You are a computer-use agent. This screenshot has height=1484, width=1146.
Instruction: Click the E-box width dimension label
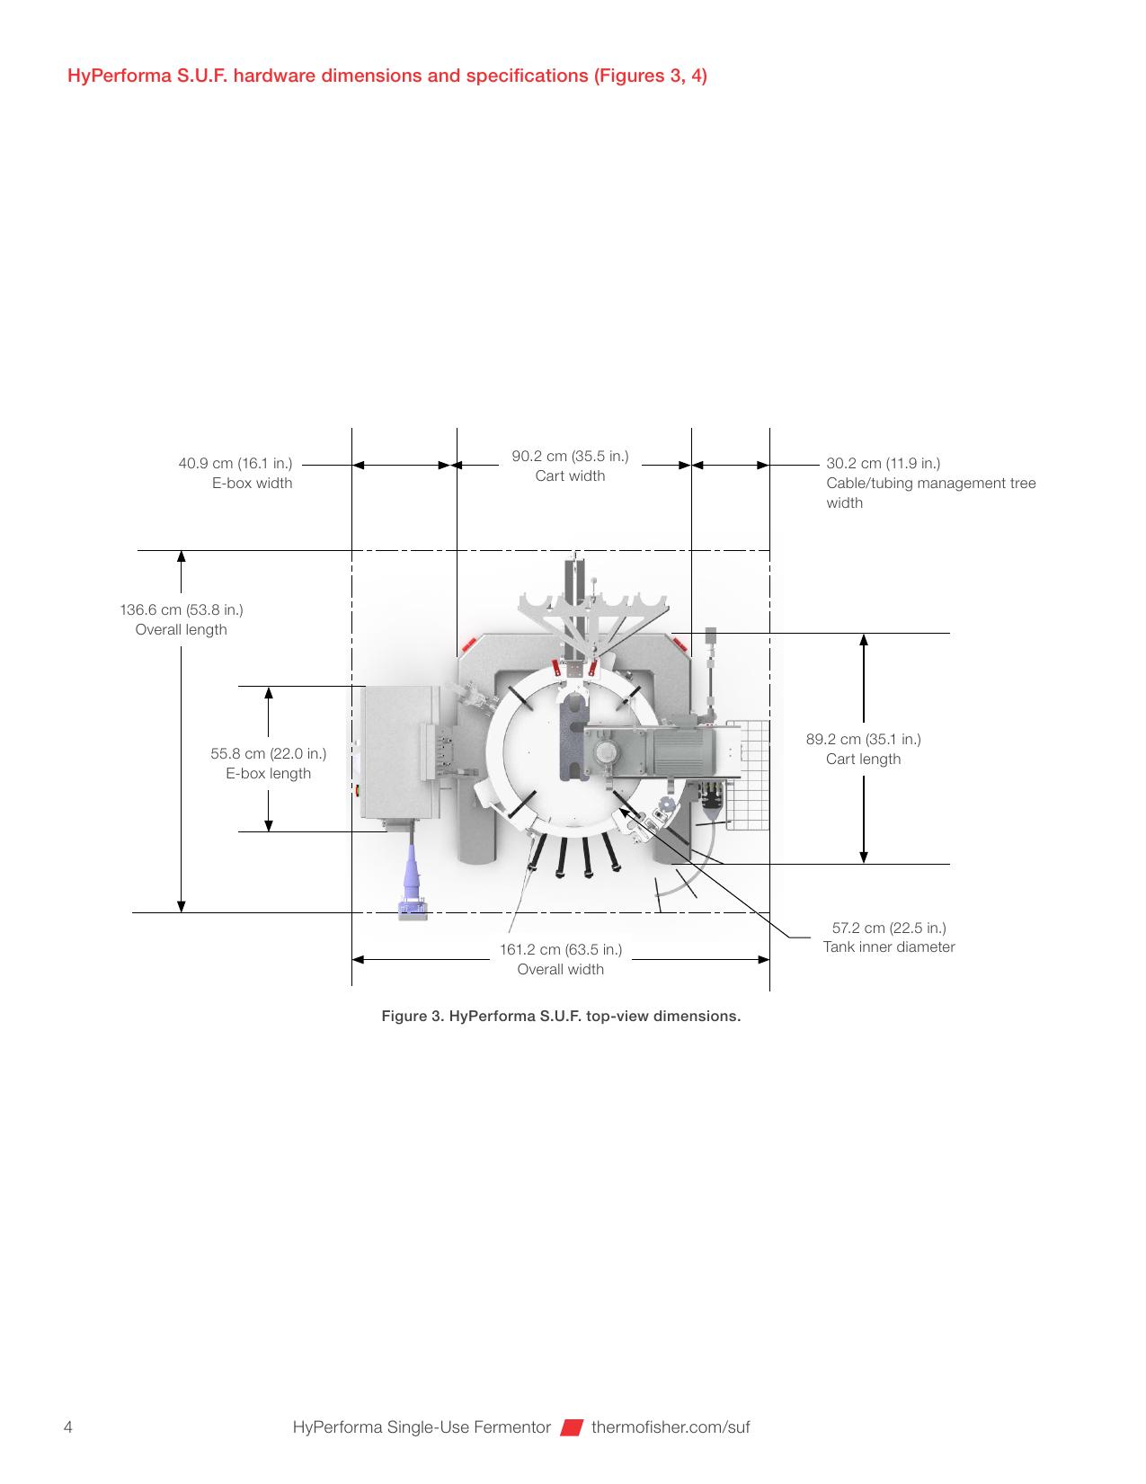point(235,473)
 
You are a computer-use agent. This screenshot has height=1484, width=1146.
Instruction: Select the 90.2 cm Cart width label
point(570,466)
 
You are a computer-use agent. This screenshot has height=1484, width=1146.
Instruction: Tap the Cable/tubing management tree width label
point(930,483)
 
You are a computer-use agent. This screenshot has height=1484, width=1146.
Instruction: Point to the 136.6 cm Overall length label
point(181,619)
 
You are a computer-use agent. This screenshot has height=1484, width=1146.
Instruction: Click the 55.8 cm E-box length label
point(269,763)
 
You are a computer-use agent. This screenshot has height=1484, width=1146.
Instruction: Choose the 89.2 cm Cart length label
point(863,749)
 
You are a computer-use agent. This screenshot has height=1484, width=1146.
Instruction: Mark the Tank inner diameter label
point(889,937)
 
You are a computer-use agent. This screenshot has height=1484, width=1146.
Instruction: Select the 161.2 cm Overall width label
point(561,959)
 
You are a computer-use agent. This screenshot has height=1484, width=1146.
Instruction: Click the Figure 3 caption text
point(561,1016)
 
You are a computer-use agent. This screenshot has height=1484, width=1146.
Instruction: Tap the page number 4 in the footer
point(67,1426)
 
